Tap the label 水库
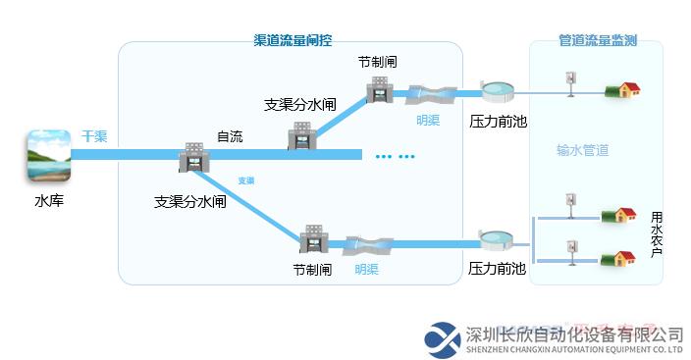click(48, 202)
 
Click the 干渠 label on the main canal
click(94, 135)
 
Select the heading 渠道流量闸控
click(292, 40)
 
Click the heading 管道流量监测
click(598, 40)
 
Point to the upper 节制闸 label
click(378, 62)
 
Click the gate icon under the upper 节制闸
click(379, 91)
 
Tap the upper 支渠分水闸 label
click(300, 105)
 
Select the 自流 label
click(230, 136)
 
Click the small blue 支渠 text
click(246, 180)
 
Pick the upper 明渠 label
click(428, 120)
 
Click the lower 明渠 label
click(367, 268)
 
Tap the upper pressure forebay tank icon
click(499, 92)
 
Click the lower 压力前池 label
click(497, 268)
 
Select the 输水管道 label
click(583, 150)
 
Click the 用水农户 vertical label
click(657, 232)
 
